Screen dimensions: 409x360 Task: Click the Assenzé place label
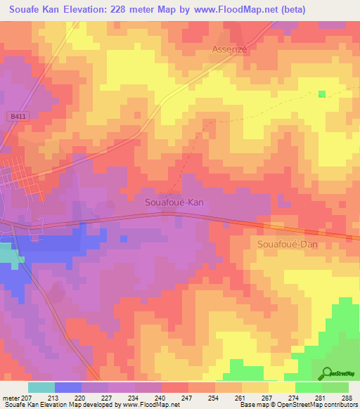pos(230,50)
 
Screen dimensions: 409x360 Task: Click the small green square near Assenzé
pos(322,94)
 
